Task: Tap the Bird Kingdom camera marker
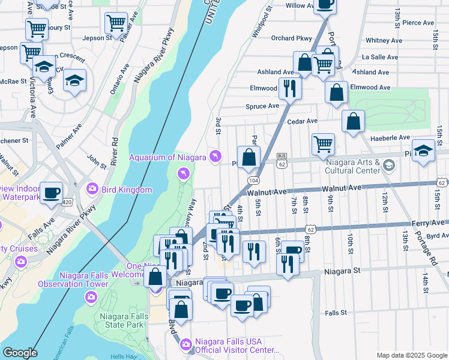pos(92,189)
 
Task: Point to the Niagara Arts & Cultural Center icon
pos(389,164)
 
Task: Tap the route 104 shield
pos(253,180)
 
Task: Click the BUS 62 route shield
pos(282,160)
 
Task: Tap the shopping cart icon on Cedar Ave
pos(323,143)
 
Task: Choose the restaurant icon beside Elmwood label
pos(290,88)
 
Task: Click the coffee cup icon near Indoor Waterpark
pos(52,192)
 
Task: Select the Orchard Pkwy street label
pos(292,38)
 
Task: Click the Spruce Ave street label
pos(262,106)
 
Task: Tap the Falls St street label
pos(336,313)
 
